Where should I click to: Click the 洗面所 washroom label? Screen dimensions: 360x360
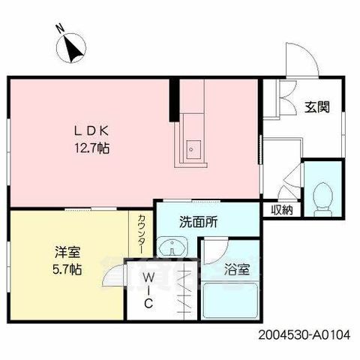[198, 223]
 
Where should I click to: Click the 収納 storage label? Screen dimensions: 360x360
[282, 210]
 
